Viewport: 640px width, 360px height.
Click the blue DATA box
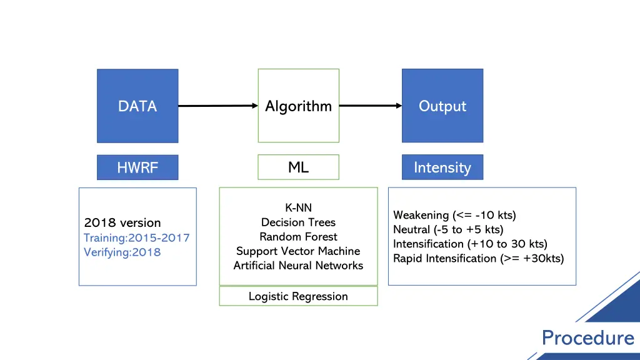pos(137,106)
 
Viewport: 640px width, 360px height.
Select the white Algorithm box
pos(298,106)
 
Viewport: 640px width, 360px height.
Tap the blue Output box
pos(442,106)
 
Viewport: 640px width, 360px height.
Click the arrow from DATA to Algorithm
pos(217,106)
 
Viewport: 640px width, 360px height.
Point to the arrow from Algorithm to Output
pos(370,106)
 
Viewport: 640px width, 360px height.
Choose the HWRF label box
pos(137,167)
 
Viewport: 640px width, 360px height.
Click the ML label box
pos(298,167)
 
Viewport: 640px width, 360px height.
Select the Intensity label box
pos(442,167)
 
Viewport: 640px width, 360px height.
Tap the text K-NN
pos(298,208)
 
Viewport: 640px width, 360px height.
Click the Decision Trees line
pos(298,222)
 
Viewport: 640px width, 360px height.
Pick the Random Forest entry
pos(298,237)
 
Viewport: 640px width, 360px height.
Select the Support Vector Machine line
pos(298,251)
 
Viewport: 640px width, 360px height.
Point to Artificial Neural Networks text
pos(298,266)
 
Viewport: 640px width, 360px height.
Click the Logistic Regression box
pos(298,296)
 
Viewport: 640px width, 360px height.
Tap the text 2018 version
pos(122,223)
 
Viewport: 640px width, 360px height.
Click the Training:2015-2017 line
pos(136,237)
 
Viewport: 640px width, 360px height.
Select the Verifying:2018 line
pos(122,252)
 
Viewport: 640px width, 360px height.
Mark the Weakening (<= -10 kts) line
pos(454,216)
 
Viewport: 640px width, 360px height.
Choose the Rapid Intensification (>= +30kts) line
pos(478,259)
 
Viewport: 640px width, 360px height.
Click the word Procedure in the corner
pos(587,338)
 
